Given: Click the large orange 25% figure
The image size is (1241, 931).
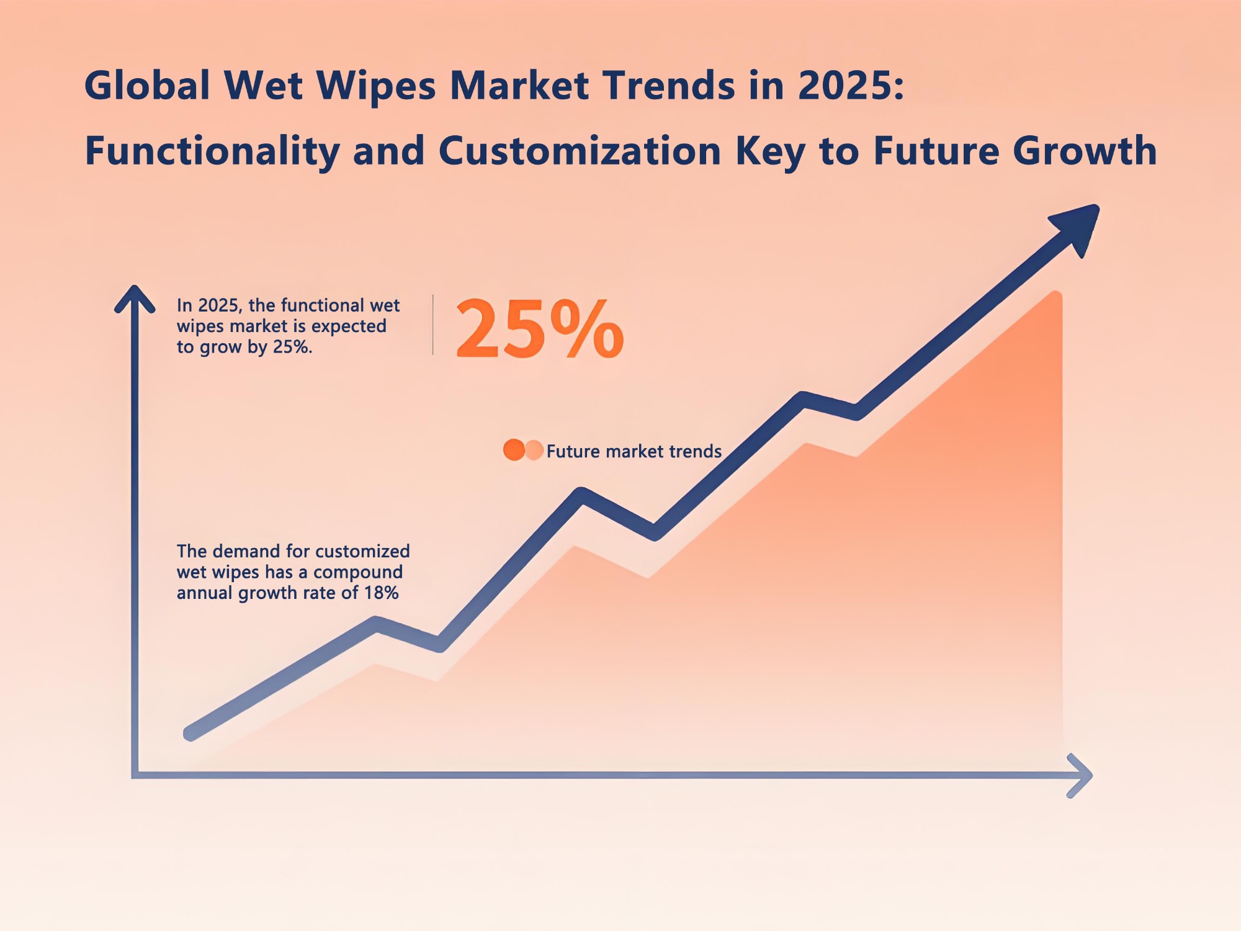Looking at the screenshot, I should tap(539, 329).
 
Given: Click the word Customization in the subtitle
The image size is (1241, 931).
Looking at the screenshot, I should tap(580, 151).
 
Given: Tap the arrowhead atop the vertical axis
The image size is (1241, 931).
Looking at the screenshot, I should tap(135, 299).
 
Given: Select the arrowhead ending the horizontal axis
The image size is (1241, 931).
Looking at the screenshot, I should tap(1080, 776).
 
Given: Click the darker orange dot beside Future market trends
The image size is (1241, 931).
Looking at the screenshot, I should tap(514, 450).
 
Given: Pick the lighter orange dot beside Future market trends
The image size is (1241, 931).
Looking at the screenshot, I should tap(534, 450).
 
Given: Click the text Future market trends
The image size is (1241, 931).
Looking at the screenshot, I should tap(634, 451).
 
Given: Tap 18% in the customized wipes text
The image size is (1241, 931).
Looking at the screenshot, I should tap(381, 593).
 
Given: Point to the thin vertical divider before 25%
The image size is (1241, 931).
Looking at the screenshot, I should tap(433, 325).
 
